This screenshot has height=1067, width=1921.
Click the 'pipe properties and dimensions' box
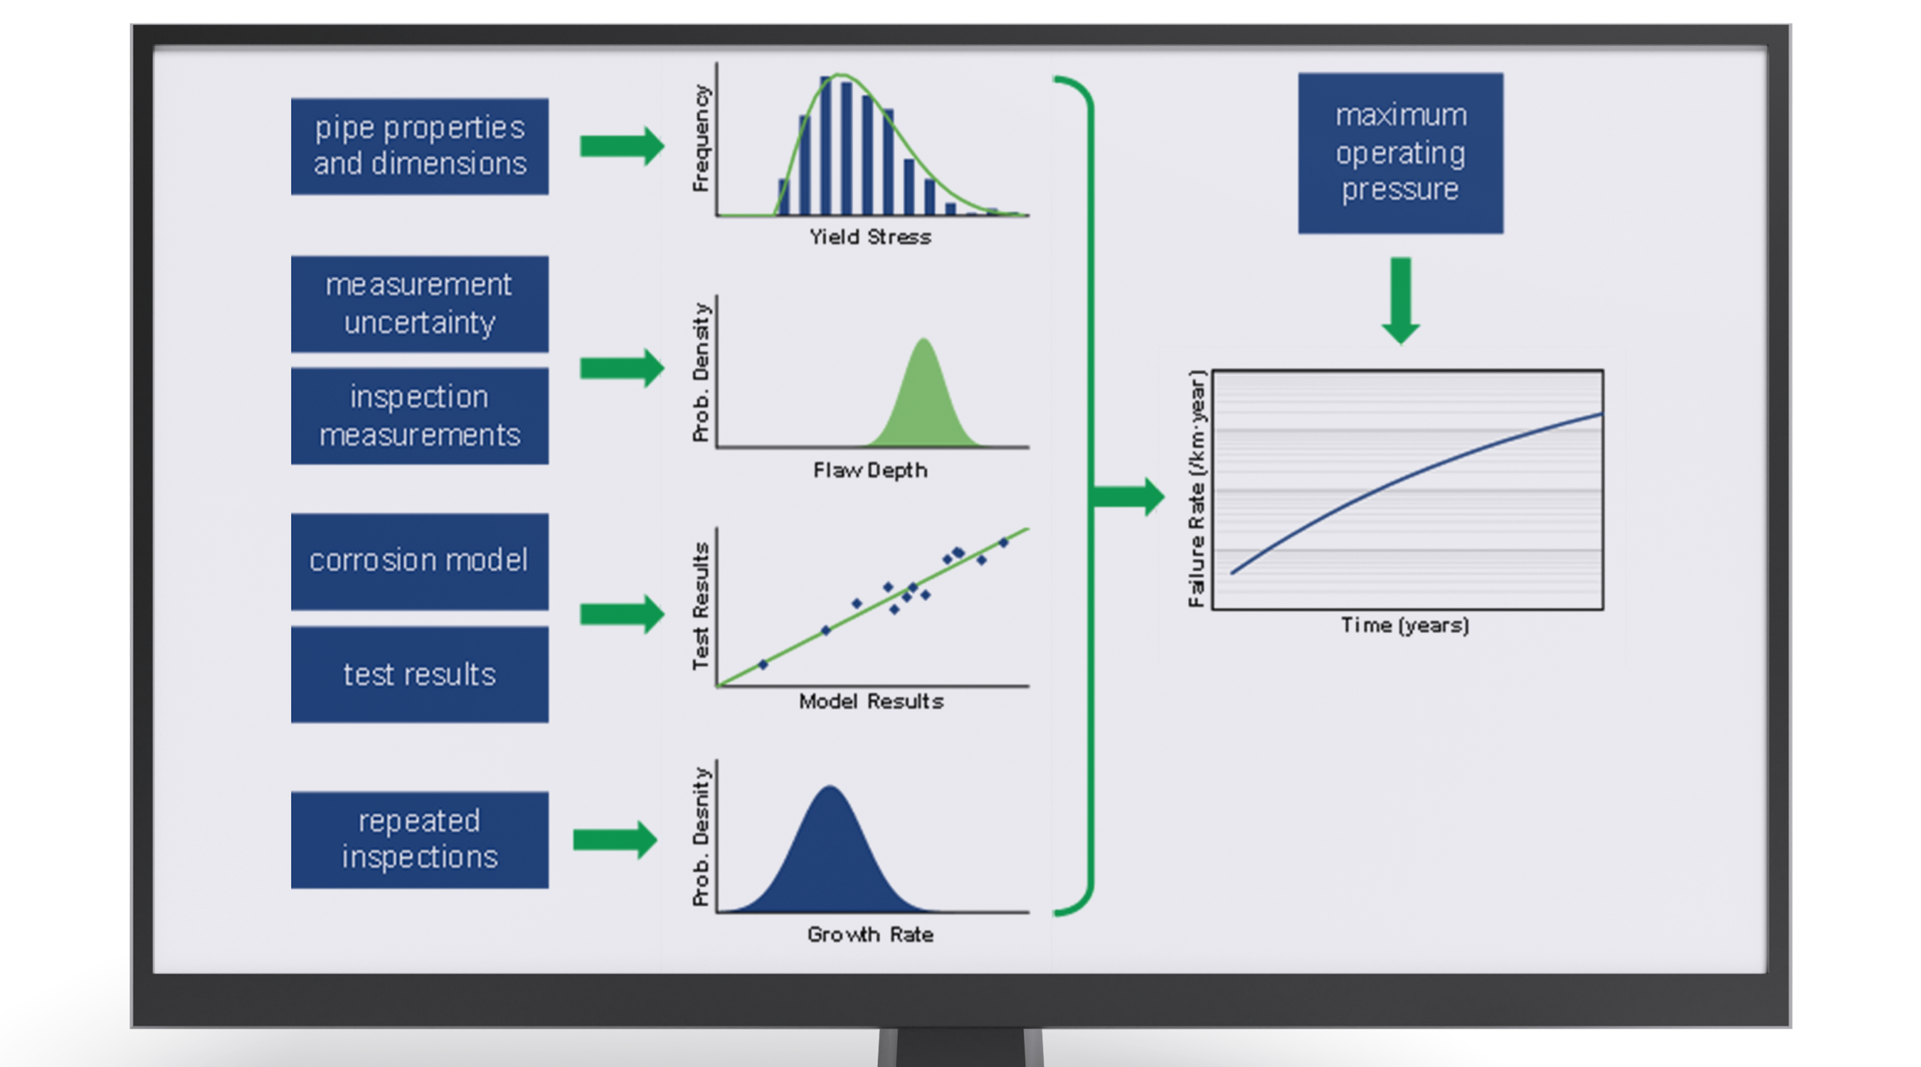419,146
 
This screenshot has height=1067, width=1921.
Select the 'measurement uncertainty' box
419,304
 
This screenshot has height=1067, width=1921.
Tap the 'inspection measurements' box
419,415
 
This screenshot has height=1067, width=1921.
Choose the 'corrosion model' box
419,561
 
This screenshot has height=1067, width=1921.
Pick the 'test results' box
419,674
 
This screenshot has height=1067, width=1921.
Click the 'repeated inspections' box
419,839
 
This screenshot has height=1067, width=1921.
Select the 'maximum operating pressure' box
1399,153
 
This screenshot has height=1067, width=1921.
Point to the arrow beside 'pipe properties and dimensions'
621,145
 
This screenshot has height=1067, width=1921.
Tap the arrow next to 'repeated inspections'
615,839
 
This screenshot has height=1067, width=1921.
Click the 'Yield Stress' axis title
870,237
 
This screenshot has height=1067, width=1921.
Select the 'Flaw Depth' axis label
870,470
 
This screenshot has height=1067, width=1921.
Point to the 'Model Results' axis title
870,701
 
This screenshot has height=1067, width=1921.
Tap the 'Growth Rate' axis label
870,934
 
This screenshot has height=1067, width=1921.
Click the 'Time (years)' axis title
1405,625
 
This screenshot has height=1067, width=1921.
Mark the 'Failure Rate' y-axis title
1197,489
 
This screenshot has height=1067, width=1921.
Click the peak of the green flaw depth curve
924,341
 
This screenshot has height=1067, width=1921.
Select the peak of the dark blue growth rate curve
830,787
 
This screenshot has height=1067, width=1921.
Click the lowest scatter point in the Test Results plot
763,664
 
